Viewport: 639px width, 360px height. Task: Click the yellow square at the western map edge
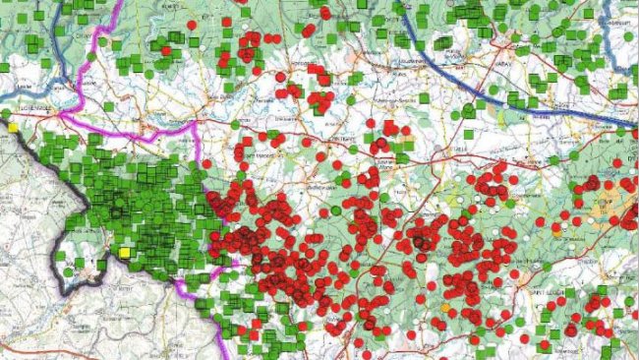point(13,127)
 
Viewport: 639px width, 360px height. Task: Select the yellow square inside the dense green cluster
point(125,253)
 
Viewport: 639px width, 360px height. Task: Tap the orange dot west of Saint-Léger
point(445,308)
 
